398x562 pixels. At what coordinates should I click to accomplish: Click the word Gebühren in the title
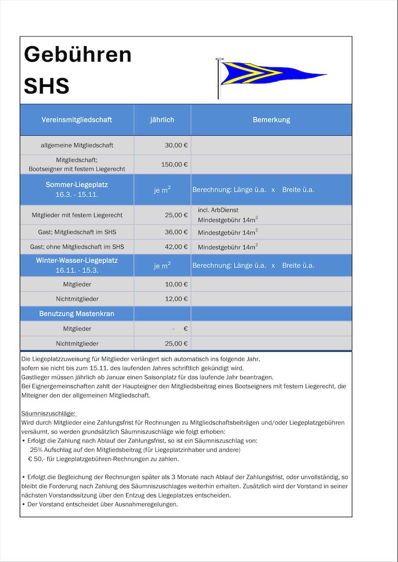pos(78,54)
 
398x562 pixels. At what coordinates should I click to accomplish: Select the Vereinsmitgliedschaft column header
pos(77,120)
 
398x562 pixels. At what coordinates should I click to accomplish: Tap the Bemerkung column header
pos(271,120)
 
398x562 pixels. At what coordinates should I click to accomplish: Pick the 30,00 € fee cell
pos(176,145)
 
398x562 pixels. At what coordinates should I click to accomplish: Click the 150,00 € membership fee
pos(174,165)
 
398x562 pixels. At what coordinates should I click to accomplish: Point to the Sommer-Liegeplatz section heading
pos(77,185)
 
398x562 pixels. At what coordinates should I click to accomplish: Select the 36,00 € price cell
pos(176,232)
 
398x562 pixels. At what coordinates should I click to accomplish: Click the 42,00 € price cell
pos(176,247)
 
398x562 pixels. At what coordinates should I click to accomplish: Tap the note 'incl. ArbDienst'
pos(218,210)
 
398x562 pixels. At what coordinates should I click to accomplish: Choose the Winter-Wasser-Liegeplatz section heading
pos(77,260)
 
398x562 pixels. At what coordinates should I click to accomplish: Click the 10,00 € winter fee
pos(176,285)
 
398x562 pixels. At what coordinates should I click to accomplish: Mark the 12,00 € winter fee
pos(176,299)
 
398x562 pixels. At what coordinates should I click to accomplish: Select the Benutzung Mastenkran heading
pos(77,314)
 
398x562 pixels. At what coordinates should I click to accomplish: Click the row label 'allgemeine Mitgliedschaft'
pos(77,145)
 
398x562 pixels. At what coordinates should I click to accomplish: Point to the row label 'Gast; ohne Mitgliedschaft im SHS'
pos(77,247)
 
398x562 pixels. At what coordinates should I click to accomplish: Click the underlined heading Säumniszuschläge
pos(49,414)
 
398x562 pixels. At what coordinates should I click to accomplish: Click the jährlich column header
pos(162,120)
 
